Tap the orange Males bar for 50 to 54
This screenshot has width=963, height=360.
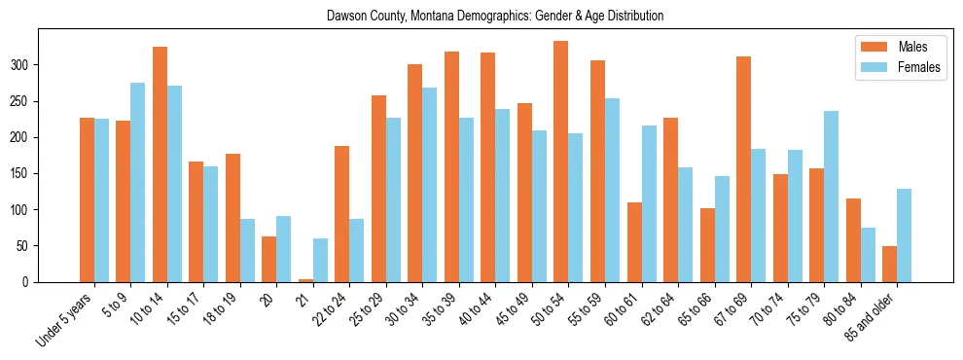[x=560, y=162]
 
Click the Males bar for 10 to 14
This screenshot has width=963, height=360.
[x=160, y=164]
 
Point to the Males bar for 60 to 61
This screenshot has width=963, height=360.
[x=634, y=242]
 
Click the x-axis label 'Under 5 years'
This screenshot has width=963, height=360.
[x=66, y=320]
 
